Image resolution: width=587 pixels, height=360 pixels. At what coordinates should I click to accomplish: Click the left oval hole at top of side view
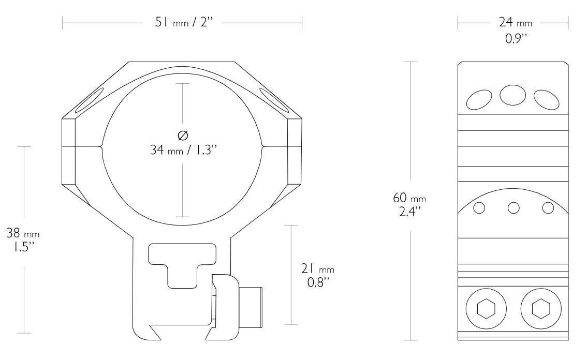tap(480, 99)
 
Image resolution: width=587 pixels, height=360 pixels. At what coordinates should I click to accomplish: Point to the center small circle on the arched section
tap(513, 207)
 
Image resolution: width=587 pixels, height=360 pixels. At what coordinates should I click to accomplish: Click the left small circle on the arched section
tap(479, 207)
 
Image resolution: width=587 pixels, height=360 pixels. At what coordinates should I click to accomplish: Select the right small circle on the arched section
tap(548, 207)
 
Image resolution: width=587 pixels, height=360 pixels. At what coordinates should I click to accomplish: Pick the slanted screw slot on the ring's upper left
tap(87, 100)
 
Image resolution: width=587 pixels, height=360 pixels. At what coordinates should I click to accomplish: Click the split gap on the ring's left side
tap(83, 146)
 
